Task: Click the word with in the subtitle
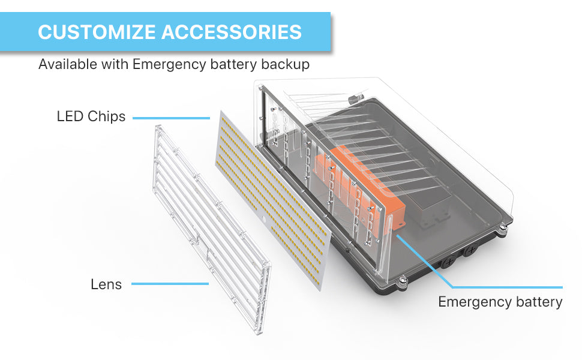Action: (115, 64)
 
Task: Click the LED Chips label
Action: (91, 116)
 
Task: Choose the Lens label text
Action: (106, 284)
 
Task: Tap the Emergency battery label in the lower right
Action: (500, 302)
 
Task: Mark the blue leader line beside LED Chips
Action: (171, 118)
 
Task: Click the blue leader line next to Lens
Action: (170, 284)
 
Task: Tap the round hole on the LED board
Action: (268, 221)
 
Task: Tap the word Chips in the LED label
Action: (107, 116)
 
